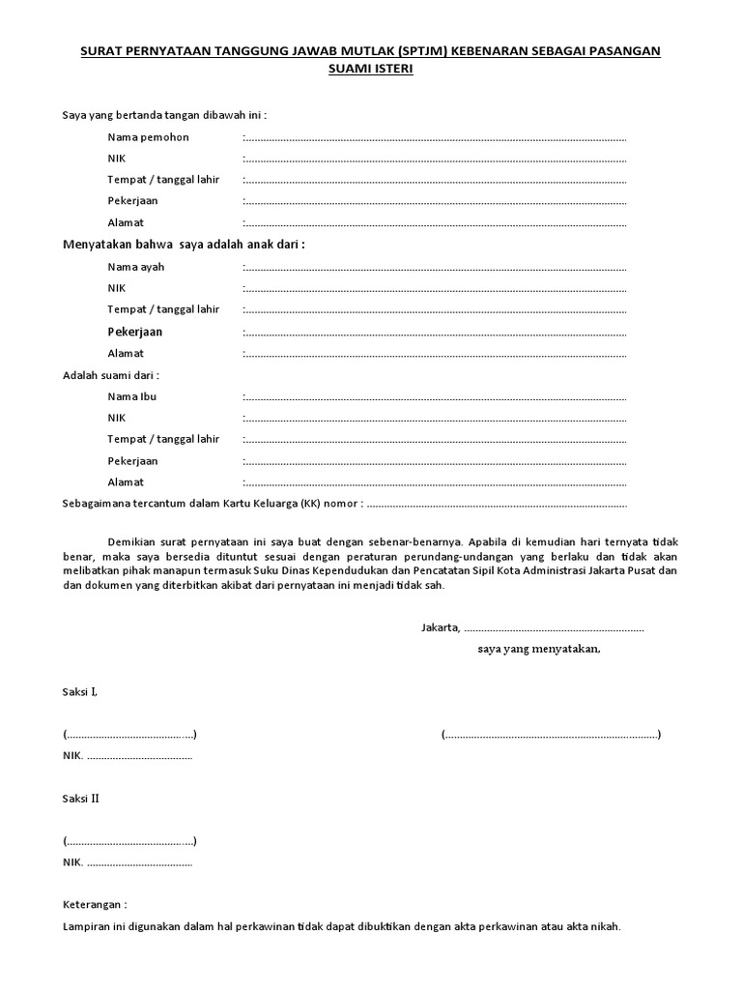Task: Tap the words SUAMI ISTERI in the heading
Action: click(x=371, y=70)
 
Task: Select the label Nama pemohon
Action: click(x=148, y=137)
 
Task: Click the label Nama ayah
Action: click(x=136, y=267)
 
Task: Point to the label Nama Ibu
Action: click(x=132, y=396)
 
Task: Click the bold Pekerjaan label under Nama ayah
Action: click(x=134, y=332)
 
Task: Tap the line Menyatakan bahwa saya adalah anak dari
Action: click(x=184, y=245)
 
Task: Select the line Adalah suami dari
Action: click(x=111, y=375)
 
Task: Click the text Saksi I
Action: click(x=80, y=692)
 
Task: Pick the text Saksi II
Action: click(x=81, y=799)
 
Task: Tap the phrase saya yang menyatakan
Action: click(x=538, y=649)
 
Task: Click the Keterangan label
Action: click(x=95, y=905)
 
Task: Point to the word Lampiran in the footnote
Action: click(x=86, y=926)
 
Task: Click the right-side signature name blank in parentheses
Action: click(x=551, y=735)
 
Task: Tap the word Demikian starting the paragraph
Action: click(x=130, y=542)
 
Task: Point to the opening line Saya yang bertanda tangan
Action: click(x=163, y=115)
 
